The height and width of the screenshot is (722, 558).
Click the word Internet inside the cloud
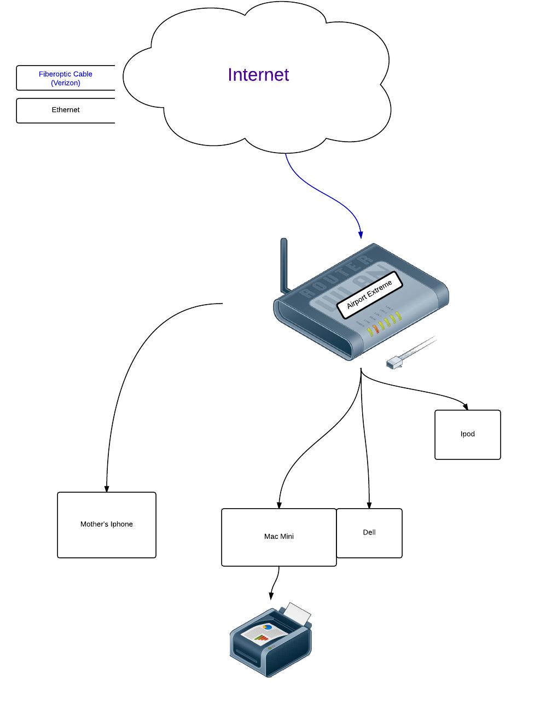click(x=258, y=75)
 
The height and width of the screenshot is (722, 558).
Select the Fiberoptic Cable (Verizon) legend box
click(x=66, y=78)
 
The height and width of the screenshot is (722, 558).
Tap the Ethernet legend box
click(x=66, y=110)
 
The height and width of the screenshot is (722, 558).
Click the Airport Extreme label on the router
click(x=370, y=295)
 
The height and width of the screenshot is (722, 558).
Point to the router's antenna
click(x=284, y=265)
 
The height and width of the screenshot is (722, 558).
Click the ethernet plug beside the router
click(x=395, y=362)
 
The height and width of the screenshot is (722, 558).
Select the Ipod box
click(x=468, y=434)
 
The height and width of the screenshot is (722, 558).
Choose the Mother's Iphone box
click(x=107, y=525)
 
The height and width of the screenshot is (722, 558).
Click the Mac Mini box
click(x=279, y=537)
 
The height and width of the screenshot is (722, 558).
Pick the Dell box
click(x=369, y=533)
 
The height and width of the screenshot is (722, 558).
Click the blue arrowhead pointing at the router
click(x=361, y=235)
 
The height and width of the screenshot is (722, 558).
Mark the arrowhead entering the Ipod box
click(x=466, y=406)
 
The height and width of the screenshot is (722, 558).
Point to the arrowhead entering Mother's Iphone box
click(x=107, y=488)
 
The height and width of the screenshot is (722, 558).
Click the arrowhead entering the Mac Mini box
click(x=279, y=505)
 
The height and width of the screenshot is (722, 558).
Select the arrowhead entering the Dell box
click(x=369, y=505)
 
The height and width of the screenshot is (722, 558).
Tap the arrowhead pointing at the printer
click(x=271, y=595)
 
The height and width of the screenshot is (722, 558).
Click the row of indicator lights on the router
click(x=385, y=324)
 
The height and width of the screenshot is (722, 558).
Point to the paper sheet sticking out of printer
click(x=299, y=613)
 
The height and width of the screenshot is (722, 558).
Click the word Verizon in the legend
click(x=66, y=83)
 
